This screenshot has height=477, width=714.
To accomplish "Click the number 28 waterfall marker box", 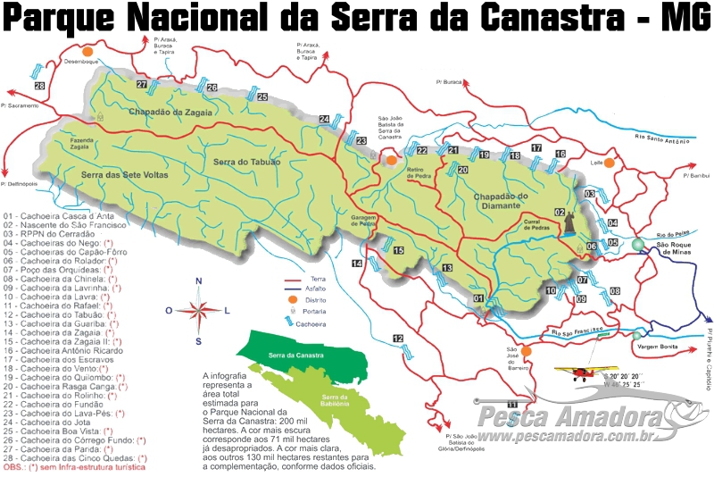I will (x=39, y=87).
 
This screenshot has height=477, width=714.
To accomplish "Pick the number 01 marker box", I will (x=478, y=298).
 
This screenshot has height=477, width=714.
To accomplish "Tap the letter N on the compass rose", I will (x=199, y=281).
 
